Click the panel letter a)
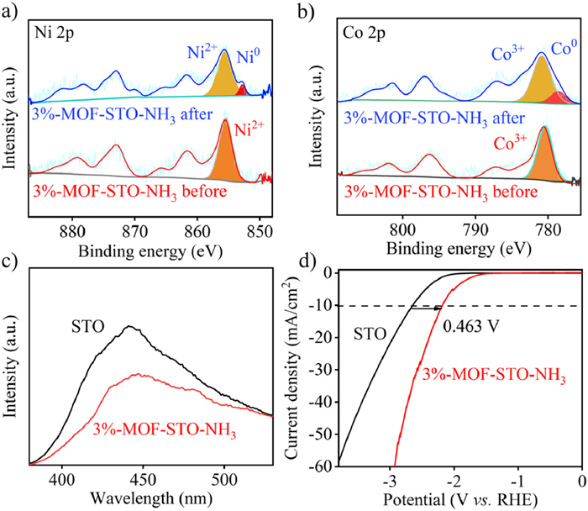point(11,12)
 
